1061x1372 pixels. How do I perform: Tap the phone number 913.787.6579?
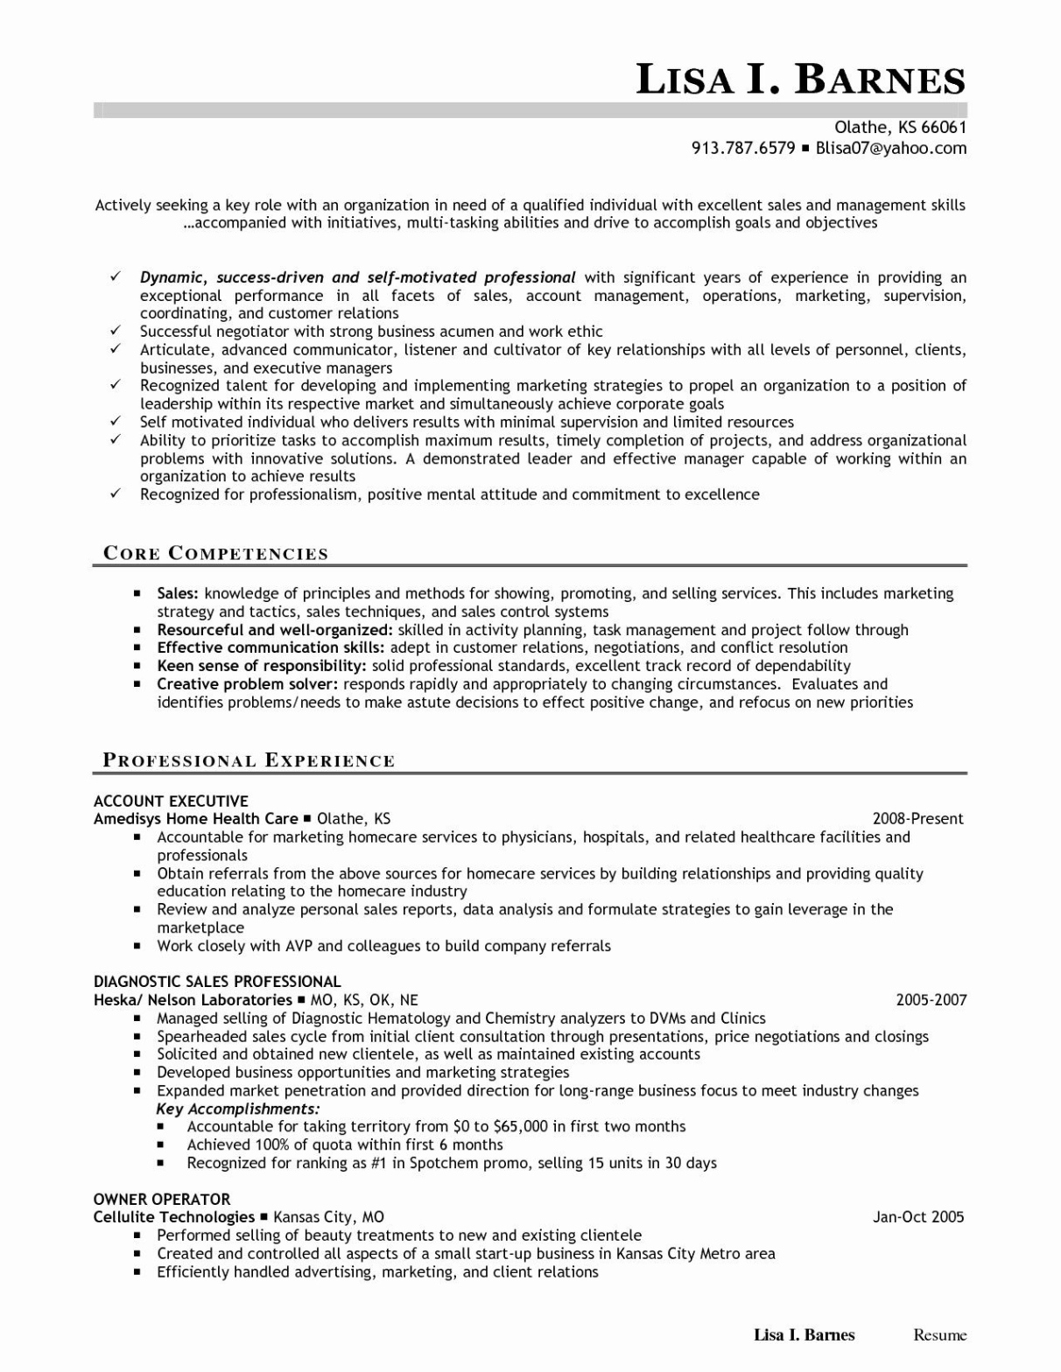tap(743, 148)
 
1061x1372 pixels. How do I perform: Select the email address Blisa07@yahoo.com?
tap(891, 148)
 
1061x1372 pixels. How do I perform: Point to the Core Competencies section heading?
tap(215, 553)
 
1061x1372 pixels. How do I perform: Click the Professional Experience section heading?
tap(249, 760)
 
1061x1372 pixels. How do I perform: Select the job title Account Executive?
tap(171, 801)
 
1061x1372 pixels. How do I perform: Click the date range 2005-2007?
tap(931, 999)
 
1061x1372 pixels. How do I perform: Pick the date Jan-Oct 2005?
tap(918, 1216)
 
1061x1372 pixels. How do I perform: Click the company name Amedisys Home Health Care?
tap(196, 819)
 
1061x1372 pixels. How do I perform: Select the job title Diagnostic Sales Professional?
tap(217, 982)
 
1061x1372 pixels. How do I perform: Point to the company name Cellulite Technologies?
tap(174, 1217)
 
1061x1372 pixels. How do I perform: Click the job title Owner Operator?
tap(162, 1199)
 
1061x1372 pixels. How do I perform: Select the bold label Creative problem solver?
tap(248, 684)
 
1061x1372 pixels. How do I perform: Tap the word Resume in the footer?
tap(940, 1335)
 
